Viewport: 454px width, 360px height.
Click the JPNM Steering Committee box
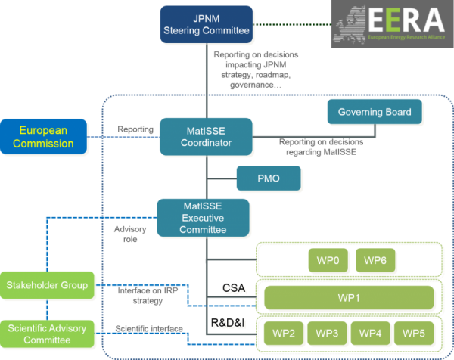click(x=206, y=25)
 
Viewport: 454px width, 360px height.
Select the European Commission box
click(x=43, y=136)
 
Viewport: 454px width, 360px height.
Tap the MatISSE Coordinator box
click(x=206, y=136)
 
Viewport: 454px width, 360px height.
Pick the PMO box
click(x=269, y=179)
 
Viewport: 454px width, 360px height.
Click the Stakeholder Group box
click(x=48, y=286)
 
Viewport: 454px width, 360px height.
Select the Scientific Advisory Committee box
click(x=48, y=333)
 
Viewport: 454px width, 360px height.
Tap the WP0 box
click(x=328, y=261)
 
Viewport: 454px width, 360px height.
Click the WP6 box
click(x=376, y=261)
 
